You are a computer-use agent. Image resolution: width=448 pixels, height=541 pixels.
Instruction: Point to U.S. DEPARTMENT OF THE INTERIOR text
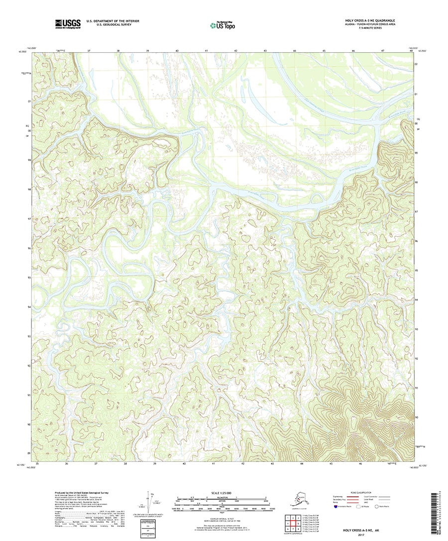pyautogui.click(x=112, y=21)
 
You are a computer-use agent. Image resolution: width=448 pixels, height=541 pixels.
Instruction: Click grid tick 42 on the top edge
pyautogui.click(x=236, y=51)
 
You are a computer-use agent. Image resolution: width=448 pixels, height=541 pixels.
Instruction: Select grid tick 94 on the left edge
pyautogui.click(x=29, y=307)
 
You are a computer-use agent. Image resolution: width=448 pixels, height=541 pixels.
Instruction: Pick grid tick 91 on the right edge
pyautogui.click(x=416, y=387)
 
